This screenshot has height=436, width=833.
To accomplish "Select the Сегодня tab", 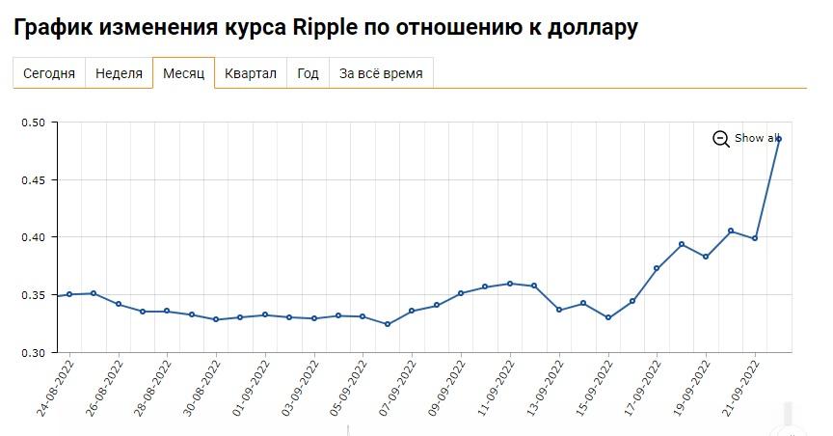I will click(49, 73).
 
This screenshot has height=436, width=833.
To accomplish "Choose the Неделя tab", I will click(119, 73).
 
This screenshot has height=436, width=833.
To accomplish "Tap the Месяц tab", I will click(183, 73).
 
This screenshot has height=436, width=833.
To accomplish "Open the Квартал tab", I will click(251, 73).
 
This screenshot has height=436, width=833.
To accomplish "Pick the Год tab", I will click(308, 73).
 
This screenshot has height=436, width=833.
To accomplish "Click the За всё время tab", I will click(381, 73).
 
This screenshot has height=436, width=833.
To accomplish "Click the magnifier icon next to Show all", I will click(721, 139).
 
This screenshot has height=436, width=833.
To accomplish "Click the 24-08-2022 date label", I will click(54, 389).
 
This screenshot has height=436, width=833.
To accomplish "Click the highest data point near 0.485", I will click(779, 139).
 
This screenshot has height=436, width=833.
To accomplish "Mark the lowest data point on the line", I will click(388, 324).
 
